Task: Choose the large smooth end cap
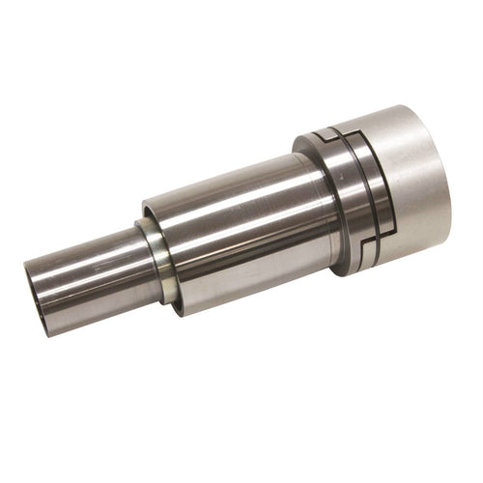[x=406, y=184]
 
